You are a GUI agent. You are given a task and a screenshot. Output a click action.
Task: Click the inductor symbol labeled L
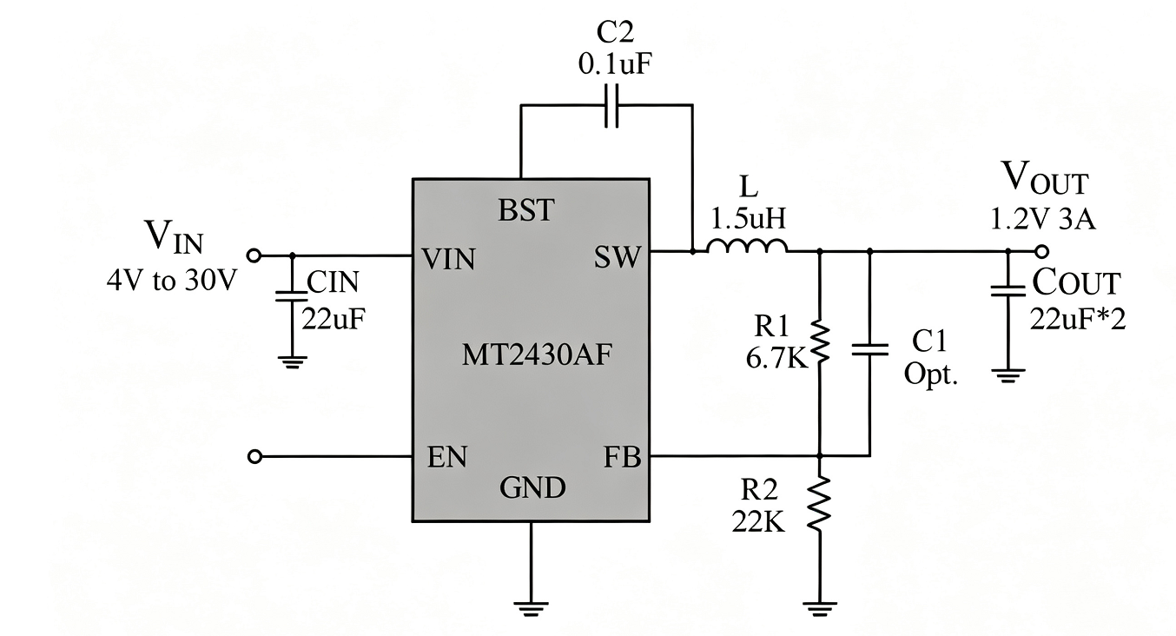747,246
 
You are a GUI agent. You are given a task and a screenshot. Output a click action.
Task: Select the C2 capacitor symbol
611,105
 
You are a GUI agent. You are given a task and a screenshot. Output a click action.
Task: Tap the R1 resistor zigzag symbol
820,342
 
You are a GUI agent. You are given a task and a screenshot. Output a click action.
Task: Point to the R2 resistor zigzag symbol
820,503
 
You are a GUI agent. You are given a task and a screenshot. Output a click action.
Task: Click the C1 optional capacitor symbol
870,349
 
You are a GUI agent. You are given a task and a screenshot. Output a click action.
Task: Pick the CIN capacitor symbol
293,296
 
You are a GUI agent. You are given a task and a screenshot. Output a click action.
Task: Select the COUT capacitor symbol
1008,291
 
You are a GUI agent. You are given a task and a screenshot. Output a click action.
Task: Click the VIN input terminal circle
254,255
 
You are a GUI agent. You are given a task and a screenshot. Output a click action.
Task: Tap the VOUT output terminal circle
1041,252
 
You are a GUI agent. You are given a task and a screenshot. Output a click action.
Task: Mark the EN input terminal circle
254,457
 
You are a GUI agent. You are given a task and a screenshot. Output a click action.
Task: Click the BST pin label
525,210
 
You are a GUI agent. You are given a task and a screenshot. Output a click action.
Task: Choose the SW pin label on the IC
618,257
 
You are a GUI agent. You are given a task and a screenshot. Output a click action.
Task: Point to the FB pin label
622,457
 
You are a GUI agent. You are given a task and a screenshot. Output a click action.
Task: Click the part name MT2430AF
537,355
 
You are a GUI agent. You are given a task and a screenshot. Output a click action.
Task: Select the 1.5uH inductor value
748,218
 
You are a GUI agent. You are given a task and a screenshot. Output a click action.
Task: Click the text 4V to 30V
172,281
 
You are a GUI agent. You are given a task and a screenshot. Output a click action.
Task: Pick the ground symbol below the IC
531,609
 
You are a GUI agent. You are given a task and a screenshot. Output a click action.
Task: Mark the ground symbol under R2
820,609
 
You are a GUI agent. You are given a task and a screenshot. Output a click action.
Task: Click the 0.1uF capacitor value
615,64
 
